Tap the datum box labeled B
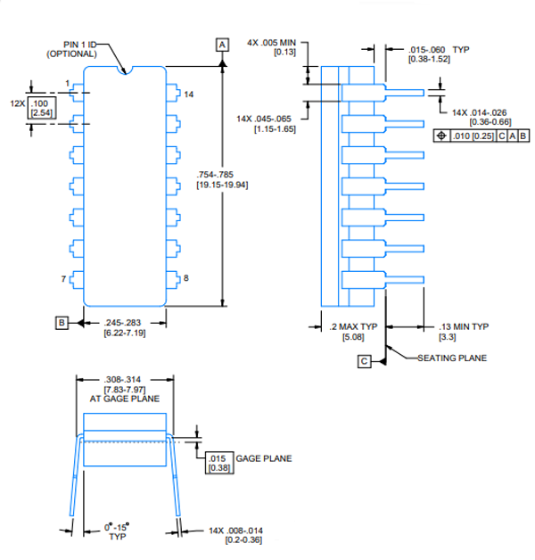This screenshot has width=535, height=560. point(62,322)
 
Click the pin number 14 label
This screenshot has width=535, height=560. point(189,94)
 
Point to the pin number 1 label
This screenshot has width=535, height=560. point(67,84)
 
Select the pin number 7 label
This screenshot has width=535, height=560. point(63,279)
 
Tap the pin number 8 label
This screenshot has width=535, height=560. point(186,279)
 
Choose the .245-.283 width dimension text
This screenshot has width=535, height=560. point(123,323)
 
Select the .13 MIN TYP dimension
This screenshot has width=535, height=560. point(464,326)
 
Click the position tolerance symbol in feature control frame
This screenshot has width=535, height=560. point(440,136)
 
